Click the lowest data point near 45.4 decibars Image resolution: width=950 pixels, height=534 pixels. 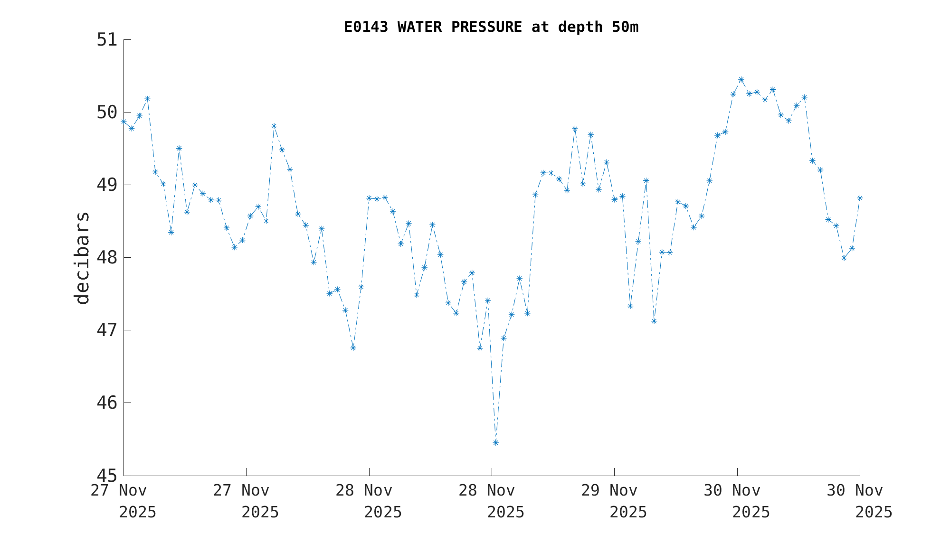click(x=495, y=442)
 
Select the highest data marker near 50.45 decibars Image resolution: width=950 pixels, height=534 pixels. click(x=741, y=79)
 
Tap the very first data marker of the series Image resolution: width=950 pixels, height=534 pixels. click(x=123, y=122)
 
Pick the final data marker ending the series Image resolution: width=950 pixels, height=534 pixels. click(x=860, y=198)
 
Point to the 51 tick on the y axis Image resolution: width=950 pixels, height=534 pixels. click(x=107, y=40)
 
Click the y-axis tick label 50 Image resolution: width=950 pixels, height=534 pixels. click(x=107, y=112)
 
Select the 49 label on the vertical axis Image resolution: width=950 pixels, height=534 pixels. click(x=107, y=185)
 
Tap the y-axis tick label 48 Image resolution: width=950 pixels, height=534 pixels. click(x=107, y=258)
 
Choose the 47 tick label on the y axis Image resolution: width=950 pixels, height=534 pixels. click(x=107, y=330)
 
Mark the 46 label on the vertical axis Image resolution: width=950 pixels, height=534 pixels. click(x=107, y=403)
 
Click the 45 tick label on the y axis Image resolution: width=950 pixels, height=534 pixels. click(x=107, y=476)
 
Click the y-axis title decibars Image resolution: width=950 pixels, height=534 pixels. click(x=82, y=258)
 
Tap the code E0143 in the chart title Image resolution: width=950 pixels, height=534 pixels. click(x=366, y=28)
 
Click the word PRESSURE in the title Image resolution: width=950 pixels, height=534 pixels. click(x=486, y=28)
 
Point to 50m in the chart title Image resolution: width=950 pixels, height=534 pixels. click(x=625, y=28)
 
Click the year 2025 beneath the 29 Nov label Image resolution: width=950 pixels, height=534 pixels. click(x=628, y=513)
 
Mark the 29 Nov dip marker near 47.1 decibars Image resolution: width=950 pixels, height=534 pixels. click(x=654, y=321)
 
